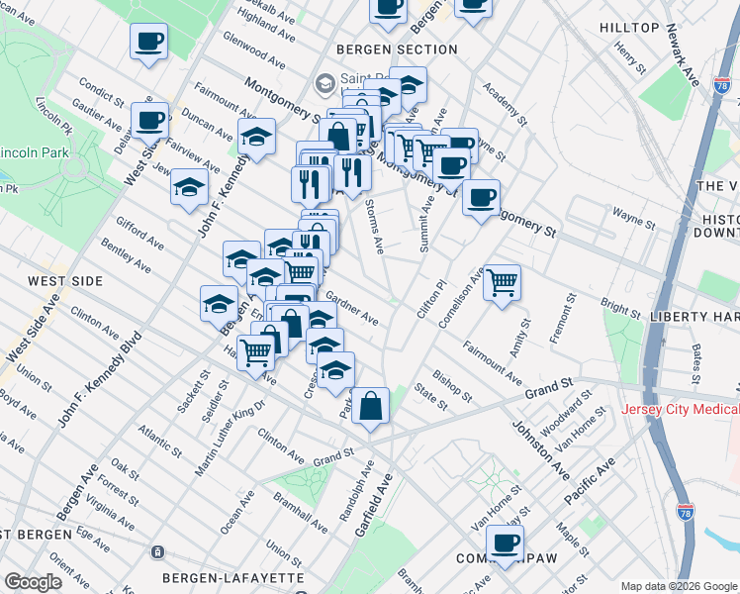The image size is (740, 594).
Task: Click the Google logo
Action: [34, 582]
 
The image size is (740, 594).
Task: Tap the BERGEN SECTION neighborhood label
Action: [397, 49]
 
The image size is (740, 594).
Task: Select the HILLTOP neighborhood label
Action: [628, 28]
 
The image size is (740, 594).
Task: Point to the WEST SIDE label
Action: [65, 282]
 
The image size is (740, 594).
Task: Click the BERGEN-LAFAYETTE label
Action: [233, 577]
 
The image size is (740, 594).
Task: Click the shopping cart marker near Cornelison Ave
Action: [502, 282]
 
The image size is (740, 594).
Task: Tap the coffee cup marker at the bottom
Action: [505, 543]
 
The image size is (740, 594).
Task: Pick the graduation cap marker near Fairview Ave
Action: [189, 186]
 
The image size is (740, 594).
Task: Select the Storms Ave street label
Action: [374, 227]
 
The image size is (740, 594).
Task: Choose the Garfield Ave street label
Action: [374, 504]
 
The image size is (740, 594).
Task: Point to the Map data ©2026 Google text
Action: [679, 585]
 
